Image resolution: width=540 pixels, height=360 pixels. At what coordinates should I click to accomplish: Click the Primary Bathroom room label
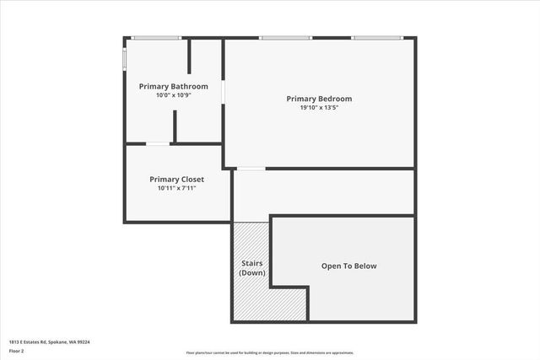point(173,86)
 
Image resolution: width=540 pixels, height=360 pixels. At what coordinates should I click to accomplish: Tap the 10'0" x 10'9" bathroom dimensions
point(173,95)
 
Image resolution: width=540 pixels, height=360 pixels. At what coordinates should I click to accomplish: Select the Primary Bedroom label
point(320,99)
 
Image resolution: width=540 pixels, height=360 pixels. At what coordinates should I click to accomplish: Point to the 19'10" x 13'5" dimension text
point(320,108)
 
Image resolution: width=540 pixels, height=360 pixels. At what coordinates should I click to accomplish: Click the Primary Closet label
point(176,179)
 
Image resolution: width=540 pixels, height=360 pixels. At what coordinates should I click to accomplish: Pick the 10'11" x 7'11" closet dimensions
point(176,188)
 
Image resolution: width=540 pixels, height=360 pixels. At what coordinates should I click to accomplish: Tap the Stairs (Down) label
point(252,268)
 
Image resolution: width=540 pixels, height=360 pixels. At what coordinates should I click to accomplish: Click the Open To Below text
point(348,266)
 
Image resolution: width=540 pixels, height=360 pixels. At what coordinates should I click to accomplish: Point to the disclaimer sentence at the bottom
point(270,352)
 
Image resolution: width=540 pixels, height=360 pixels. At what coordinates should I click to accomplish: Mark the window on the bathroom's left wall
point(125,59)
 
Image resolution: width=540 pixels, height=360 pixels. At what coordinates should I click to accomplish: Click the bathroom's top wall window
point(157,38)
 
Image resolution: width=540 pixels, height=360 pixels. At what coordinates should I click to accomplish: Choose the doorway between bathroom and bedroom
point(223,91)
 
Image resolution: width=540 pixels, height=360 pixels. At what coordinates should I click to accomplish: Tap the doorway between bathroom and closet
point(158,144)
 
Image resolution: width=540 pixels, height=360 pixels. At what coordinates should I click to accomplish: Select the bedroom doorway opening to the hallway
point(251,169)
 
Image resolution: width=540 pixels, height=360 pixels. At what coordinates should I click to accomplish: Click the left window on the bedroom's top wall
point(285,38)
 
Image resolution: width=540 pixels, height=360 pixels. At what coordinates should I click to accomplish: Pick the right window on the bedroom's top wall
point(376,38)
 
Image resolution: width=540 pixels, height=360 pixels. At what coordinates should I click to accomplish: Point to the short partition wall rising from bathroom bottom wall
point(175,126)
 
